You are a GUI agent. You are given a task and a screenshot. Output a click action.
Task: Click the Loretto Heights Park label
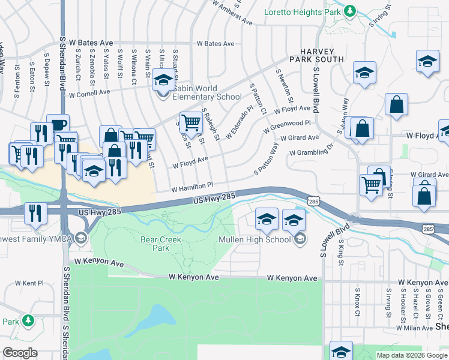point(303,11)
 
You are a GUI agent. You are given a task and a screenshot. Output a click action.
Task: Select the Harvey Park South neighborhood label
point(316,56)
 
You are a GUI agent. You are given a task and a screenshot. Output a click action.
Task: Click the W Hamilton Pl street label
point(192,187)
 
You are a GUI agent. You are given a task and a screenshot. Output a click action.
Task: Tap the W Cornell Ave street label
point(89,94)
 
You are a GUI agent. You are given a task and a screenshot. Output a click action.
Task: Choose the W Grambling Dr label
point(311,149)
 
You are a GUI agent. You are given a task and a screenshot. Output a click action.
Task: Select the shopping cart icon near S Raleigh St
point(191,122)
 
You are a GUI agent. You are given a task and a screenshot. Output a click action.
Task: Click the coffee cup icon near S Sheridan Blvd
point(58,125)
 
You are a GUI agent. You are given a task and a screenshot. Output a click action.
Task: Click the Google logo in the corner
point(20,353)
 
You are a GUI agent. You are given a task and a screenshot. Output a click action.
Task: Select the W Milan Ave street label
point(414,328)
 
